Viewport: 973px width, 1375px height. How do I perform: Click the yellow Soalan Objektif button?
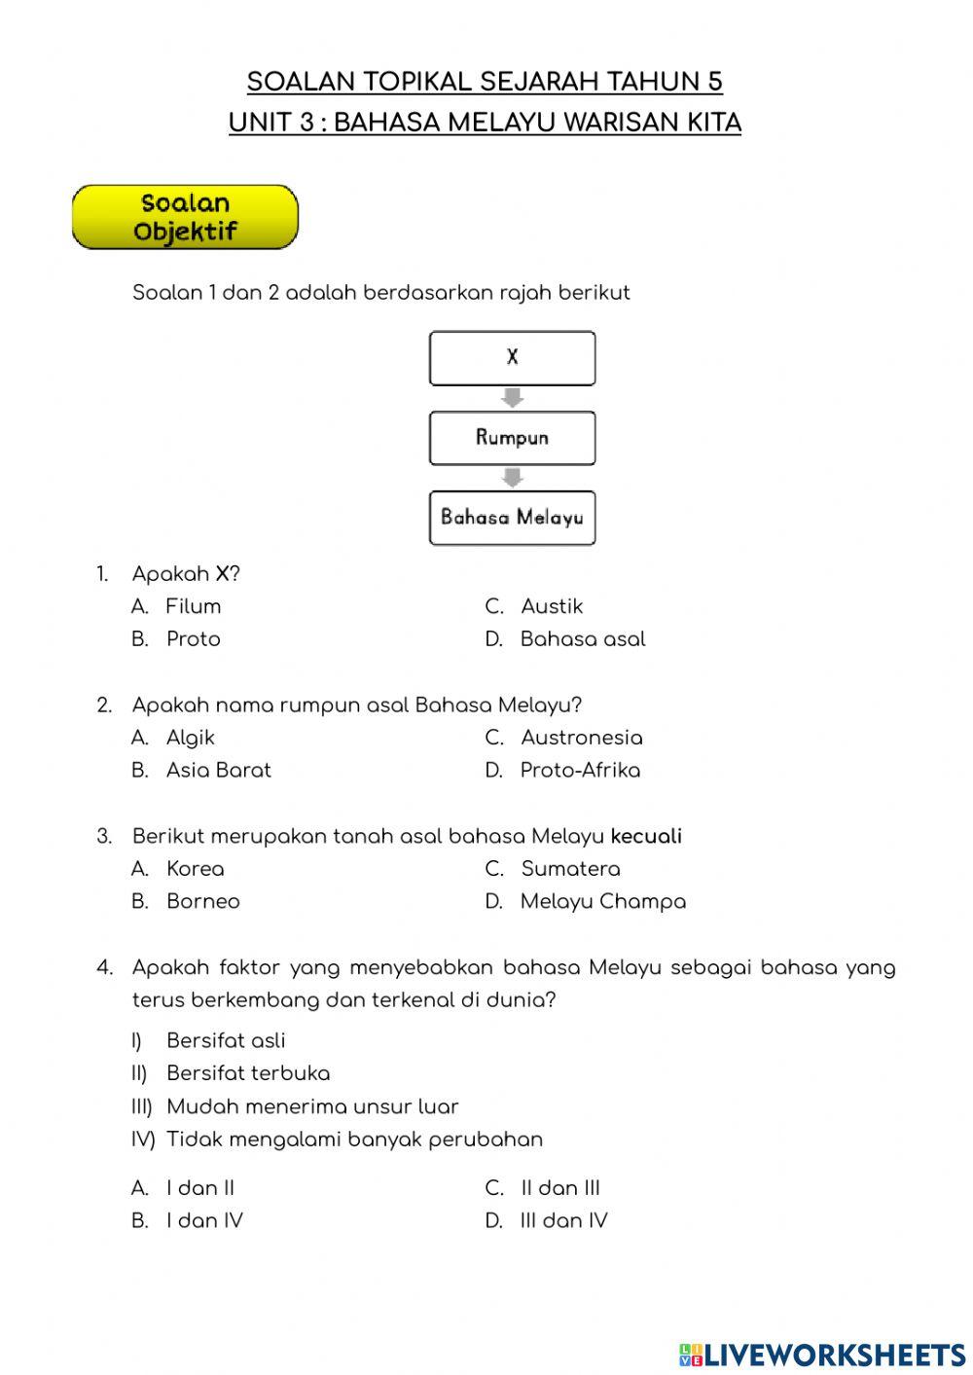(185, 217)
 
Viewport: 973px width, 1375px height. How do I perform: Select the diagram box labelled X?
(512, 358)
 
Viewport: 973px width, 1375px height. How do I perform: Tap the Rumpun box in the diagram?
(512, 438)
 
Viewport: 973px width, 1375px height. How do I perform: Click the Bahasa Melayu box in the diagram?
(512, 518)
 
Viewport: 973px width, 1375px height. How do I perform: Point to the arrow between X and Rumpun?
(512, 398)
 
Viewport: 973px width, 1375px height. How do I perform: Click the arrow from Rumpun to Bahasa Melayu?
(512, 478)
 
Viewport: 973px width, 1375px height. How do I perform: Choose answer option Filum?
(193, 606)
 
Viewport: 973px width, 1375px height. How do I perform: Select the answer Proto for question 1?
(193, 639)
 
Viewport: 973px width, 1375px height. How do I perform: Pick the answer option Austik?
(551, 606)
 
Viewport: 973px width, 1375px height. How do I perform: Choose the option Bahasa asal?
(582, 639)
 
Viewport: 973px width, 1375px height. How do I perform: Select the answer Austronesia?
(581, 738)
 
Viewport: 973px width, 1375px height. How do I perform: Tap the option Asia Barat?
(218, 771)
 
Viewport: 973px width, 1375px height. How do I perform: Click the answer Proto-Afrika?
(580, 771)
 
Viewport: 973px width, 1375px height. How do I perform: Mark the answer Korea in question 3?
(195, 869)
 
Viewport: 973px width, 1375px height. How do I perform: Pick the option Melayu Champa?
(602, 902)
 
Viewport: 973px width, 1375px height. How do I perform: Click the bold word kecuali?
(646, 836)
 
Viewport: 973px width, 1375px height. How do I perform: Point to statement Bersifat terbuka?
(248, 1073)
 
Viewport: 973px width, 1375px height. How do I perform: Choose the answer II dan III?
(560, 1188)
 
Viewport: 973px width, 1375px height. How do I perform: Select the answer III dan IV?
(563, 1221)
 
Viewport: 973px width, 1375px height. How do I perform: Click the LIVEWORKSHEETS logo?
(822, 1354)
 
